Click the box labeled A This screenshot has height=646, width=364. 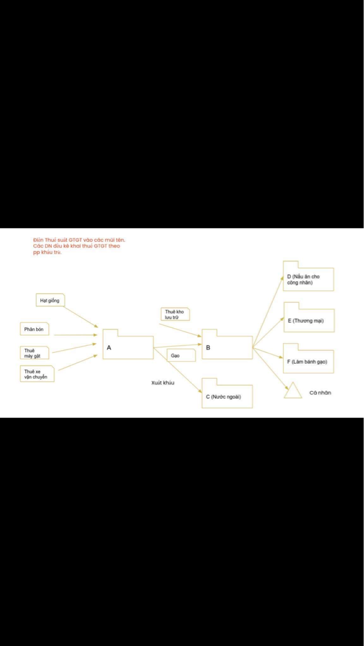[x=128, y=348]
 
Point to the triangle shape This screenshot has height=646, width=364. [x=294, y=390]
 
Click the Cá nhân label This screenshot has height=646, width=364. [x=320, y=393]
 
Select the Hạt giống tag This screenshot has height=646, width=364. [x=50, y=300]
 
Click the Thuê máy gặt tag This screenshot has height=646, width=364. [x=35, y=353]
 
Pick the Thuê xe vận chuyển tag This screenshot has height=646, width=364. [x=37, y=373]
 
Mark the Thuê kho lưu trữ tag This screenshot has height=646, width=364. [x=175, y=314]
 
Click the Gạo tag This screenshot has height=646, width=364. [x=180, y=355]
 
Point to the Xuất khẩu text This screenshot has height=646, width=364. [x=163, y=382]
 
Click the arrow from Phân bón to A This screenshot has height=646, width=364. [x=76, y=335]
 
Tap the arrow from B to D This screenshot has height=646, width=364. [x=268, y=312]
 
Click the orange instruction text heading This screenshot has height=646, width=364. [x=78, y=246]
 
